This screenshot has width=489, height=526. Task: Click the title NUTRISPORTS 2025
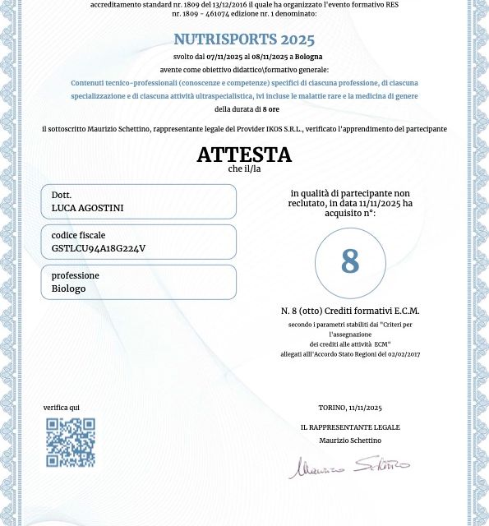(x=244, y=39)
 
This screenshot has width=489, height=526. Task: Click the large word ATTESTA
(x=244, y=155)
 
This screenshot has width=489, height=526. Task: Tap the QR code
(x=71, y=442)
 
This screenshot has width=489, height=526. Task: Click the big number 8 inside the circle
(x=350, y=262)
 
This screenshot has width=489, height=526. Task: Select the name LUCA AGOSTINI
(x=87, y=208)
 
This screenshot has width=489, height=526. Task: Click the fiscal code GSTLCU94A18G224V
(x=99, y=248)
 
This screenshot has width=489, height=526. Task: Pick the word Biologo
(x=68, y=288)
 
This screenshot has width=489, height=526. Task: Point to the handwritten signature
(x=348, y=467)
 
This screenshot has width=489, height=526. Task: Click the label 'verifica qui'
(x=62, y=408)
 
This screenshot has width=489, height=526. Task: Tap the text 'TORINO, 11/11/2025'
(x=350, y=408)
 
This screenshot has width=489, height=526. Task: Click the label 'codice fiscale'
(x=78, y=236)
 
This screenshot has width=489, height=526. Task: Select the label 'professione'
(x=75, y=276)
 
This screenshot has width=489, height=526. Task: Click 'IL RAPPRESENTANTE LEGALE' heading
(x=350, y=427)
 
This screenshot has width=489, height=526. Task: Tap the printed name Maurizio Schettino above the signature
(x=350, y=441)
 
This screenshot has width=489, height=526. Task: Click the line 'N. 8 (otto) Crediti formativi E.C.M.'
(x=350, y=311)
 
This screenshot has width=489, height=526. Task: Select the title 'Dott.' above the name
(x=62, y=196)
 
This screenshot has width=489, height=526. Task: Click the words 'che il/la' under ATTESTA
(x=244, y=169)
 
